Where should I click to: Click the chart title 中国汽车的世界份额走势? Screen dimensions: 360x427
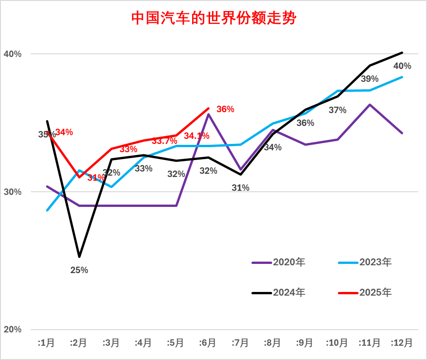[213, 18]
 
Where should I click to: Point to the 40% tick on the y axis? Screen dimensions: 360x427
[13, 54]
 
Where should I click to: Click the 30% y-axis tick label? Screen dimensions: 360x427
[13, 192]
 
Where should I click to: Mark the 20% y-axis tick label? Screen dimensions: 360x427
[13, 330]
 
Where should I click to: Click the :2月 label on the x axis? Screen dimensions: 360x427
[79, 343]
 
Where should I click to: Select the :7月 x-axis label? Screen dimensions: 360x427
[240, 343]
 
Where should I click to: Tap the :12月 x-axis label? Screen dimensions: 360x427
[402, 343]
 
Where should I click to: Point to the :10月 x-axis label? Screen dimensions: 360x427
[337, 343]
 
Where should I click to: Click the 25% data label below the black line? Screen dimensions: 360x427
[79, 270]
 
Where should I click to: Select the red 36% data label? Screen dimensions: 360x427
[225, 109]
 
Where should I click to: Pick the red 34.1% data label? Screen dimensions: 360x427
[197, 136]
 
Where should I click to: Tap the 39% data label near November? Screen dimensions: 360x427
[370, 79]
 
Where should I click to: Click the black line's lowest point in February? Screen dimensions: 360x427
[79, 256]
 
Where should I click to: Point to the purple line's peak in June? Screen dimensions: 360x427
[209, 114]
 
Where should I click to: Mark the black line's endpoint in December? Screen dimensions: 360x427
[402, 52]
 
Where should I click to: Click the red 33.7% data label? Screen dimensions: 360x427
[165, 141]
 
